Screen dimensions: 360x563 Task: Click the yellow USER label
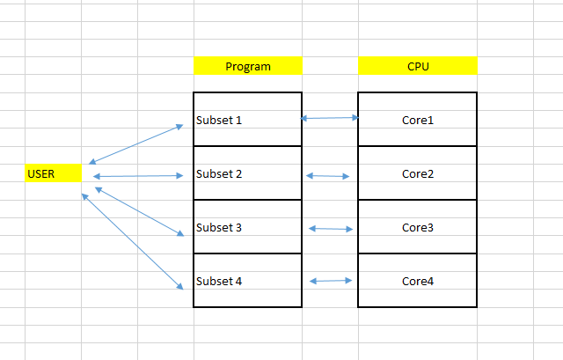point(53,173)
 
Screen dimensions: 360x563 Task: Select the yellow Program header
point(247,66)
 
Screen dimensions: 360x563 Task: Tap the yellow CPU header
point(418,66)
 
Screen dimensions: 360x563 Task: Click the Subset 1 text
point(219,120)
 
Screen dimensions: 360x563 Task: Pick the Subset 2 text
point(219,173)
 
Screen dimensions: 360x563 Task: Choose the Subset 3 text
point(219,227)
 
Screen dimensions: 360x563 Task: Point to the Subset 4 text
point(219,281)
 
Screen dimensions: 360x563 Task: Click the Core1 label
point(418,120)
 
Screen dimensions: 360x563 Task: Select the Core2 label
point(418,173)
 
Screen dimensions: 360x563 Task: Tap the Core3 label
point(418,227)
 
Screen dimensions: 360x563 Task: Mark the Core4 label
point(418,281)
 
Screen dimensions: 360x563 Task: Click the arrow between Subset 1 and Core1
point(330,117)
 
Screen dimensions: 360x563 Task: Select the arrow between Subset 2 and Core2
point(327,176)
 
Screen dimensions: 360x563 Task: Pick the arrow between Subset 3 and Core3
point(331,229)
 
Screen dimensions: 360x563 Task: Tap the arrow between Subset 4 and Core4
point(331,281)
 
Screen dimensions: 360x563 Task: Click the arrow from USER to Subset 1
point(135,143)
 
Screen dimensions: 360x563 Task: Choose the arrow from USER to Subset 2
point(137,176)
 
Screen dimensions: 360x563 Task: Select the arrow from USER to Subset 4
point(132,241)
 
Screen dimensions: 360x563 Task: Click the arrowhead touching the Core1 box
point(355,117)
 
